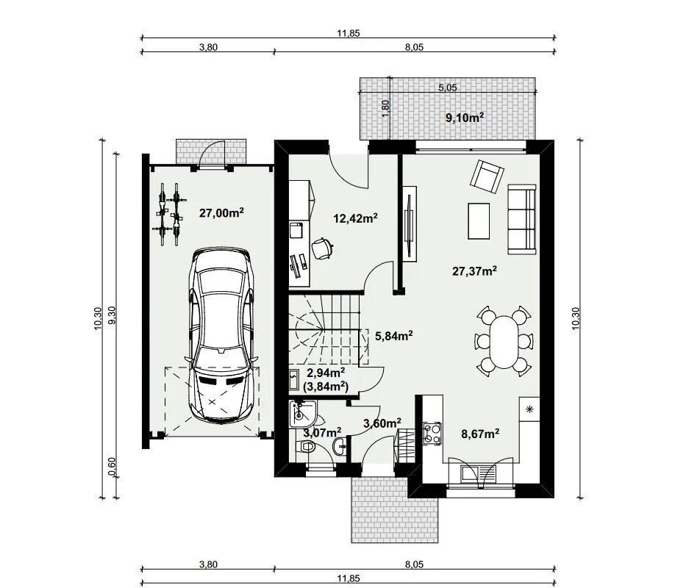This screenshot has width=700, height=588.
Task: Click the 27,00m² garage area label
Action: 221,212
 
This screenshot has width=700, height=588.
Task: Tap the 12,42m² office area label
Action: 356,218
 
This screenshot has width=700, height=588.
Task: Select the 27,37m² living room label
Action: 475,270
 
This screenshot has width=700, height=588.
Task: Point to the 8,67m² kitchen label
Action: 480,433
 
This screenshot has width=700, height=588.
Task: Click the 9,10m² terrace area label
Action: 465,118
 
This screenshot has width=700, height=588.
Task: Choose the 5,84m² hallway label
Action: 394,335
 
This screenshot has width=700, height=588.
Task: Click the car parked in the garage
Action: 222,335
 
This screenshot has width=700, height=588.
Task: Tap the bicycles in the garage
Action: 168,214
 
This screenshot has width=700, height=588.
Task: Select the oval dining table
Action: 504,342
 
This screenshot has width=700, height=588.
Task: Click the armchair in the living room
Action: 487,176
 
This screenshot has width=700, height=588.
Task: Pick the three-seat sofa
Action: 522,219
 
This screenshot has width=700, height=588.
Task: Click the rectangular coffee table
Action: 479,220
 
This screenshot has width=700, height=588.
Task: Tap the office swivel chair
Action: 322,248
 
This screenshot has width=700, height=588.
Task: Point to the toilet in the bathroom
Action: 306,445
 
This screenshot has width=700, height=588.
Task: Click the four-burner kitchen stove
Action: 432,433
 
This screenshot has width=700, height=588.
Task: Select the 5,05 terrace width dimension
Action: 448,87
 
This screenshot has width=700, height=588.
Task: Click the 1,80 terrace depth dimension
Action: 386,108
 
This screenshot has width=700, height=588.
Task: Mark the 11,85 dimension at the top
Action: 349,33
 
